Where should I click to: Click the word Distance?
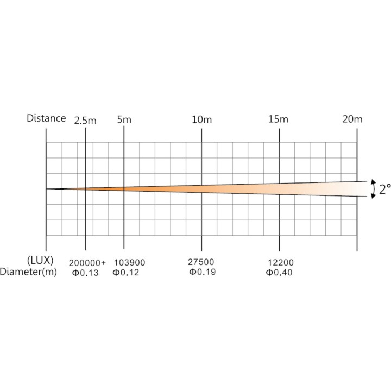click(46, 118)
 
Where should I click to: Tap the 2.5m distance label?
click(85, 121)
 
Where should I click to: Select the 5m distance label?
click(124, 119)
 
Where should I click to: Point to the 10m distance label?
click(201, 119)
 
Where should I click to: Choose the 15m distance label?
click(278, 119)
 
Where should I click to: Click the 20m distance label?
click(352, 119)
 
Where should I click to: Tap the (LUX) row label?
click(40, 261)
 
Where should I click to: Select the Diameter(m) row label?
click(28, 272)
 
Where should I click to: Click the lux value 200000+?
click(87, 263)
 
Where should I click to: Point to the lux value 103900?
click(129, 263)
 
